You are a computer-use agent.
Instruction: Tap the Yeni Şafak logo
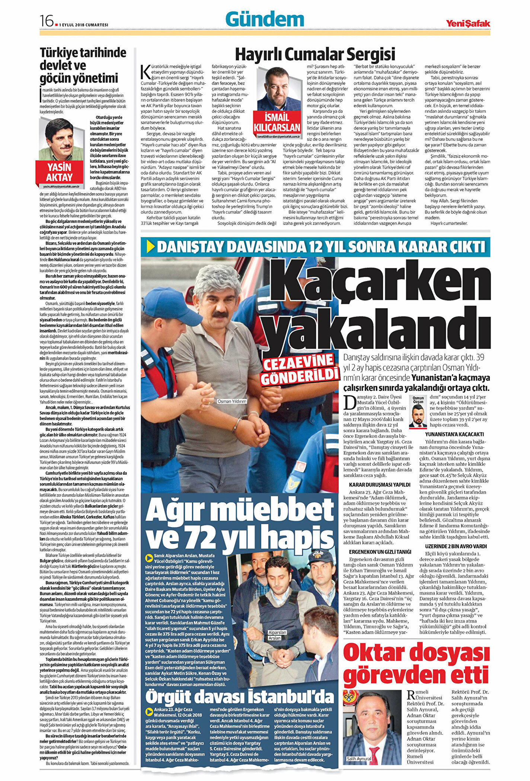468,23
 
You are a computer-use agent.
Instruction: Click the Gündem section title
265,19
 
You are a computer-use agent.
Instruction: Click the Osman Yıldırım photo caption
232,401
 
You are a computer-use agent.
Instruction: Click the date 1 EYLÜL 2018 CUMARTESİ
84,25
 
